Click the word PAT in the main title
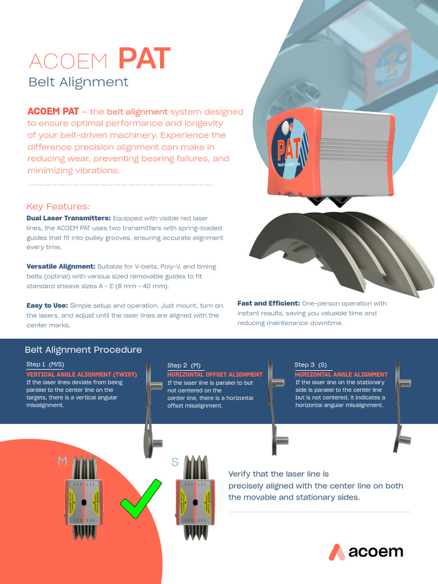[x=144, y=59]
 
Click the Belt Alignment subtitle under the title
[x=79, y=82]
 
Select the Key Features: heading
[x=58, y=206]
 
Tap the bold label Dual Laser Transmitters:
[x=68, y=218]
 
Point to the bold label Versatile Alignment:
[x=61, y=266]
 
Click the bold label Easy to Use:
[x=47, y=306]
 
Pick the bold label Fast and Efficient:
[x=268, y=303]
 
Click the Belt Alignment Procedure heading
[x=83, y=350]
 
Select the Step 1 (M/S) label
[x=45, y=364]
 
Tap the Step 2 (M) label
[x=184, y=365]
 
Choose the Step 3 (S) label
[x=311, y=364]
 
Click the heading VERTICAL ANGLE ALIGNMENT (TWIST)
[x=82, y=374]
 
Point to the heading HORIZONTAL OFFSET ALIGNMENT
[x=214, y=375]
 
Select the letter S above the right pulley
[x=175, y=462]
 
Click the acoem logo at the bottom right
[x=366, y=551]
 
